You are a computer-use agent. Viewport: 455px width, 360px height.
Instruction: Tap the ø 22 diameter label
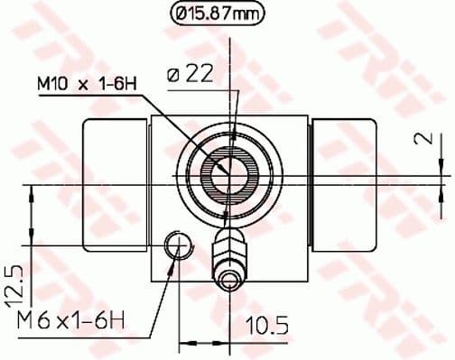[x=193, y=75]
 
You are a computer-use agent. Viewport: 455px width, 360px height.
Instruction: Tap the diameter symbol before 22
[x=174, y=75]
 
